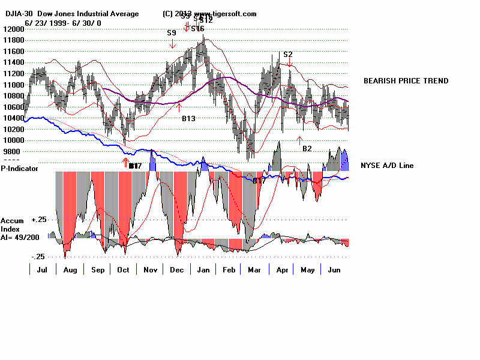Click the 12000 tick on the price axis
point(13,29)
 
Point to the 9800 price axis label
point(11,152)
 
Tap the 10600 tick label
point(13,107)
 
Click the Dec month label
point(177,270)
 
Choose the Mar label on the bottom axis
point(255,270)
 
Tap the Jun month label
point(335,270)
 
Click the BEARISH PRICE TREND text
point(406,81)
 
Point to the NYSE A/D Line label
point(387,166)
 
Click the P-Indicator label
point(19,169)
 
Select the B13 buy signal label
point(189,119)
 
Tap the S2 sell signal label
point(288,55)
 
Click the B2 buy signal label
point(307,148)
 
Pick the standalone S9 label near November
point(172,32)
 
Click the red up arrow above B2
point(299,140)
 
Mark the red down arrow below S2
point(290,63)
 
